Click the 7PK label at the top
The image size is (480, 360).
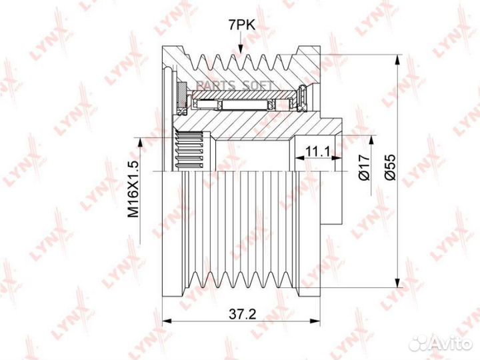pos(241,25)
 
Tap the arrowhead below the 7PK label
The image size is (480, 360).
pos(240,49)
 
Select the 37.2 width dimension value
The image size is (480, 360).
pos(242,314)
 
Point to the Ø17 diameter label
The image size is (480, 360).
pos(365,167)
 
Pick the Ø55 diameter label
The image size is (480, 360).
pos(390,167)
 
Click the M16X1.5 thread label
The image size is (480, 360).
pos(133,189)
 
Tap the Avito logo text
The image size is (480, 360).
pos(453,344)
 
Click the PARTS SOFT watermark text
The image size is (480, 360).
pos(235,85)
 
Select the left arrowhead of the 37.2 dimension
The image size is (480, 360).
pos(167,321)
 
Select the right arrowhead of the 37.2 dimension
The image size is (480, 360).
pos(315,321)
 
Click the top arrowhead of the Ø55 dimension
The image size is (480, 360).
pos(397,59)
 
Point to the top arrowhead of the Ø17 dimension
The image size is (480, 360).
pos(372,140)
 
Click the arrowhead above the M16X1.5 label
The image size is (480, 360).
pos(139,143)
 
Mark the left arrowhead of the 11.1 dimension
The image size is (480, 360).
pos(300,158)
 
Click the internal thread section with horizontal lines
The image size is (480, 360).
pos(190,150)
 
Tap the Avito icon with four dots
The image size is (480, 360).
pos(420,343)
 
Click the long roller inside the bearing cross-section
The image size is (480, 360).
pos(245,105)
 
